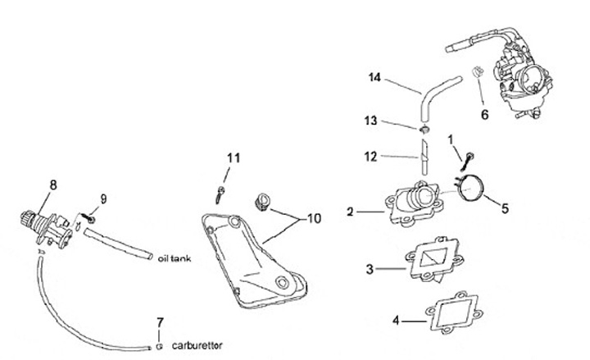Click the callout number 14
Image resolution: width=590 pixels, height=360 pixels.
(376, 78)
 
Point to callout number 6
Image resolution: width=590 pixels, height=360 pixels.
(484, 114)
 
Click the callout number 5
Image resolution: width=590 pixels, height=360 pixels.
(505, 208)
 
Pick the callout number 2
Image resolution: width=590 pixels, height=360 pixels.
(350, 212)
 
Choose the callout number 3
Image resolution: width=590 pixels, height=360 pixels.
(369, 268)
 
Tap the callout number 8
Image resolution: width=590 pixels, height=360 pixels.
(54, 185)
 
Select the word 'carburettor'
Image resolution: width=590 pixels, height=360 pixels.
(197, 345)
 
